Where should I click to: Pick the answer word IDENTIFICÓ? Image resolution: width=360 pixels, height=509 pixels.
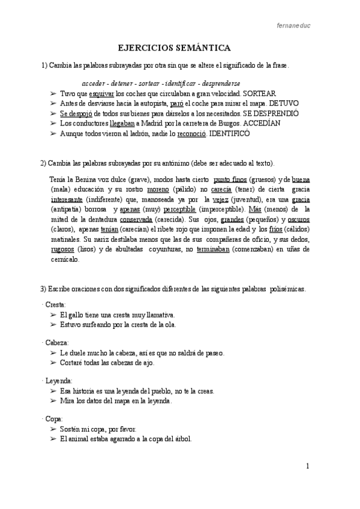tap(233, 133)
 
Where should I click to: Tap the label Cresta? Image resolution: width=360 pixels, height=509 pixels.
tap(56, 305)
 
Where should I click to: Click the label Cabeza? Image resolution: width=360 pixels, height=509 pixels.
tap(57, 343)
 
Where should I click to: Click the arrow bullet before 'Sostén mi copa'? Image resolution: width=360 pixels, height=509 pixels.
tap(53, 430)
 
